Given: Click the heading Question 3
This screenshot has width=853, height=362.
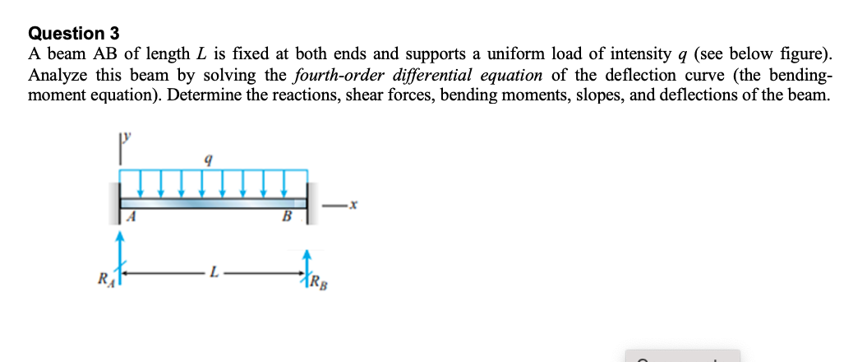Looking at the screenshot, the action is pos(74,34).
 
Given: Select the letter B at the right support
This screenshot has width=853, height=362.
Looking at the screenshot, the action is pos(287,217).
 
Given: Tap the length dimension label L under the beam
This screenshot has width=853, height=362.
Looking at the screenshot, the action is pos(215,271).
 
